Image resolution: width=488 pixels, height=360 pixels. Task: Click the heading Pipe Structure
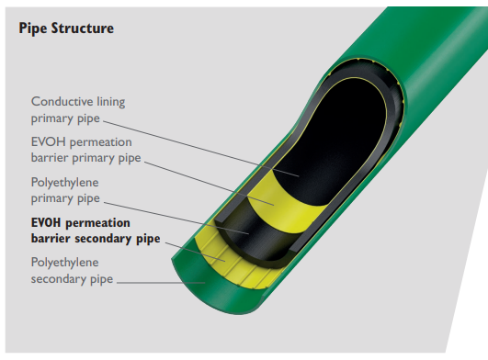(65, 28)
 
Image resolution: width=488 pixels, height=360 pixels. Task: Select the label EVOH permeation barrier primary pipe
(82, 151)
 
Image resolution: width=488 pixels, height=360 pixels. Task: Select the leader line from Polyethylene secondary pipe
(156, 280)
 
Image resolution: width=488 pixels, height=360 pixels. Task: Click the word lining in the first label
(113, 101)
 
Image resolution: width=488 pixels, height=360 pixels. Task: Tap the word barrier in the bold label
(50, 239)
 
